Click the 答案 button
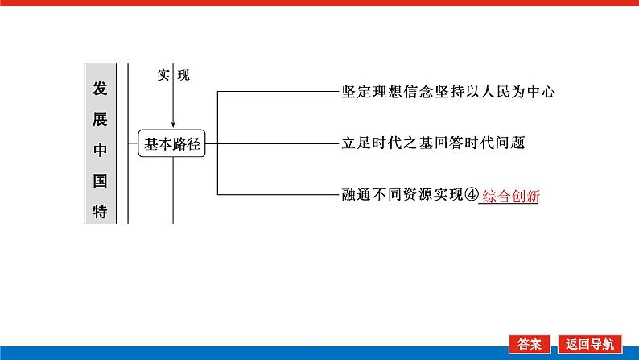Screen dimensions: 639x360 point(530,342)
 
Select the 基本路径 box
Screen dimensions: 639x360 point(172,144)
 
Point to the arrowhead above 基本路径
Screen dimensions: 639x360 point(173,123)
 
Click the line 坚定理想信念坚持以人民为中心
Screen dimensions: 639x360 point(448,92)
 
